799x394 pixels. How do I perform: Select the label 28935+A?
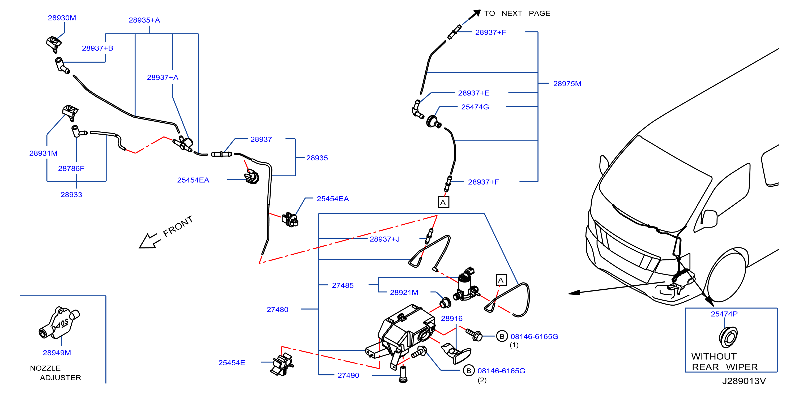(x=144, y=20)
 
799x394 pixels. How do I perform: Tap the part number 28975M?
(x=567, y=83)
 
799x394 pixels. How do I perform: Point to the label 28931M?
(x=44, y=153)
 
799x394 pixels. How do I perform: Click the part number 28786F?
(x=71, y=168)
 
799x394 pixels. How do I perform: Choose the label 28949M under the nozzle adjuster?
(x=57, y=353)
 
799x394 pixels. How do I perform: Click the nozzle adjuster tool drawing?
(x=59, y=323)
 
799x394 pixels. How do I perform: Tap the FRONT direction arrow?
(x=149, y=241)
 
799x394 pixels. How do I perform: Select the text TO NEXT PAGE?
(x=517, y=13)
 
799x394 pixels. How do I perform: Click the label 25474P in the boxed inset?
(x=724, y=314)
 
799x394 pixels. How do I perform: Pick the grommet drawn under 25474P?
(x=728, y=337)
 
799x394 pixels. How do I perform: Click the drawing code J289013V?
(x=744, y=381)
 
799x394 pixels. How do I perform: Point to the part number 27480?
(x=277, y=310)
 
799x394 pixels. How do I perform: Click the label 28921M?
(x=404, y=293)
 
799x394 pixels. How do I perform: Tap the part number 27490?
(x=348, y=375)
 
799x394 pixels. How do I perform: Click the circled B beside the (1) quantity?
(x=502, y=336)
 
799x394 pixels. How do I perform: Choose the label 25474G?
(x=475, y=107)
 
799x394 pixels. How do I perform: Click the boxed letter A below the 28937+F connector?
(x=443, y=202)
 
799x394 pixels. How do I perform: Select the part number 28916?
(x=452, y=318)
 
